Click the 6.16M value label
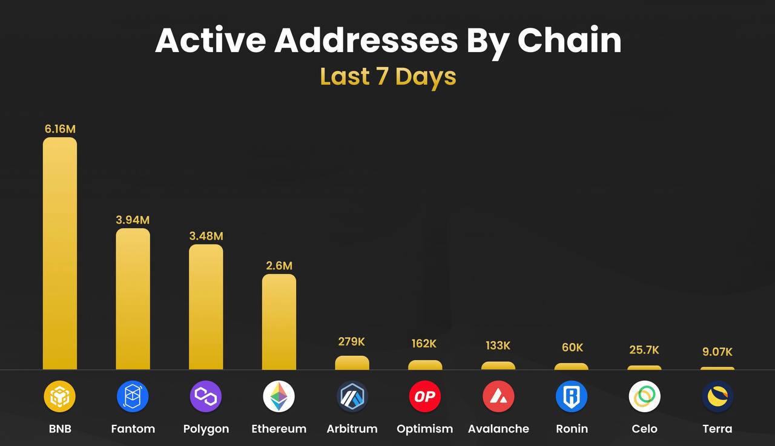pos(60,129)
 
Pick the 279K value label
pos(352,341)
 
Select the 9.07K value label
pos(717,352)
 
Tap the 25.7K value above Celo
pos(644,350)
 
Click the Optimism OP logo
pos(425,397)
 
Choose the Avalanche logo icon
pos(498,397)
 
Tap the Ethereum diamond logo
pos(279,397)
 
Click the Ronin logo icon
pos(572,397)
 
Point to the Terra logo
pos(717,397)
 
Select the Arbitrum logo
pos(352,397)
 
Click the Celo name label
pos(644,428)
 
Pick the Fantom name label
pos(133,428)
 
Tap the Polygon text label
pos(206,428)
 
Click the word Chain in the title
pos(569,41)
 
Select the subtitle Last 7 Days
pos(387,77)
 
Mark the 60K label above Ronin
pos(572,347)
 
